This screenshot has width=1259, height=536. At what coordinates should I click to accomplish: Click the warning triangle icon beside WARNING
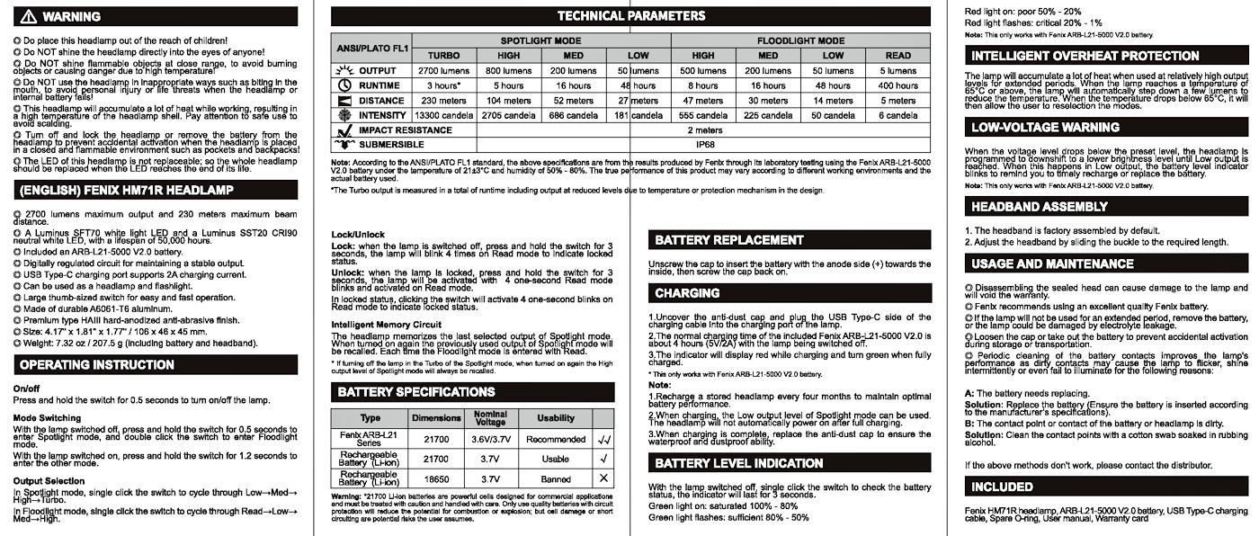tap(27, 17)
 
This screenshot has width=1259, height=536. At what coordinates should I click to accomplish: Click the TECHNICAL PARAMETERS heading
tap(630, 16)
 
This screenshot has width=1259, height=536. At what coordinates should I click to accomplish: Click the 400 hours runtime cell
tap(897, 85)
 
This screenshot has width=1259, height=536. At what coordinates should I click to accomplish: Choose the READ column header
tap(897, 56)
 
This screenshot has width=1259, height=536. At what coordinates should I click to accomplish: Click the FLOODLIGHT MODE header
tap(799, 40)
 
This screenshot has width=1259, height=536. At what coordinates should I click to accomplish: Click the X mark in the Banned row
tap(603, 478)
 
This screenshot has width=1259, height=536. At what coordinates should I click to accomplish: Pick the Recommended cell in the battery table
tap(555, 439)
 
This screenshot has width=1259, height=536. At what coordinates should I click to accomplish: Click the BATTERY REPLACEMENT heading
tap(729, 240)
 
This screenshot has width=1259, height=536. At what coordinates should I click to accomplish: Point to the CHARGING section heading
tap(687, 293)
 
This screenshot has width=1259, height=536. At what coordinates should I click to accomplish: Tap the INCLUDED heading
tap(1002, 487)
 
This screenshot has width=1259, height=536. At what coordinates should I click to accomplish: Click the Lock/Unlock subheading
tap(358, 234)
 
